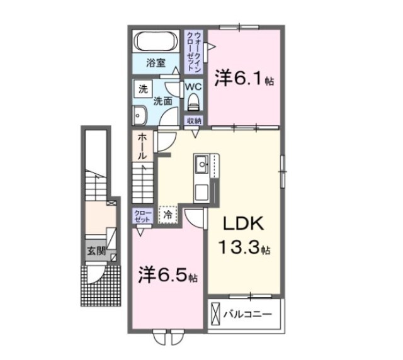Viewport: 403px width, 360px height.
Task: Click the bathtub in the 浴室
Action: (157, 42)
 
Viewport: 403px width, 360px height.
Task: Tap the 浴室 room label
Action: (156, 63)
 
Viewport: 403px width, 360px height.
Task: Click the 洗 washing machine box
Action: (142, 89)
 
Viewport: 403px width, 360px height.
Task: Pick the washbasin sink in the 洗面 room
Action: (140, 115)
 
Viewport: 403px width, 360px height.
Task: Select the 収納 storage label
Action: (193, 121)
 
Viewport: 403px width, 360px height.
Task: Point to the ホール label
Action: (142, 146)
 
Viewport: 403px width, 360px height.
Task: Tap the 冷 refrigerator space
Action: (167, 215)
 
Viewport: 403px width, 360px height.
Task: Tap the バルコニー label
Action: (250, 313)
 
